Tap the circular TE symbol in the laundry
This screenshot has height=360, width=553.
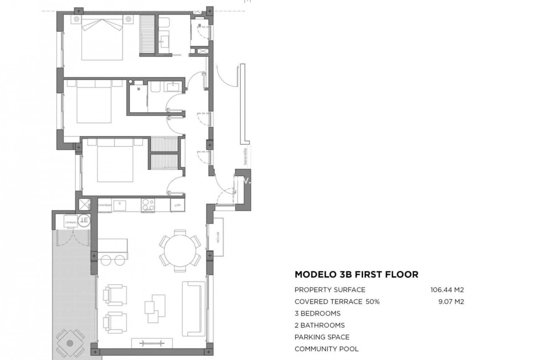(x=84, y=220)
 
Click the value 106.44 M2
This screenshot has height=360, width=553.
(x=447, y=290)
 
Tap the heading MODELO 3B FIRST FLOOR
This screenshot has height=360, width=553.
(x=356, y=275)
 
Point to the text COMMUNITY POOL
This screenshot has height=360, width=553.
(x=326, y=349)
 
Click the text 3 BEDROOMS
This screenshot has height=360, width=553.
(x=317, y=313)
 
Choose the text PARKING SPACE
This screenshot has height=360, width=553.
(x=322, y=337)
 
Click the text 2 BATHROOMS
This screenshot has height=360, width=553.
(x=319, y=325)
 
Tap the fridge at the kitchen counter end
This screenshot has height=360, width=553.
(x=176, y=205)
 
